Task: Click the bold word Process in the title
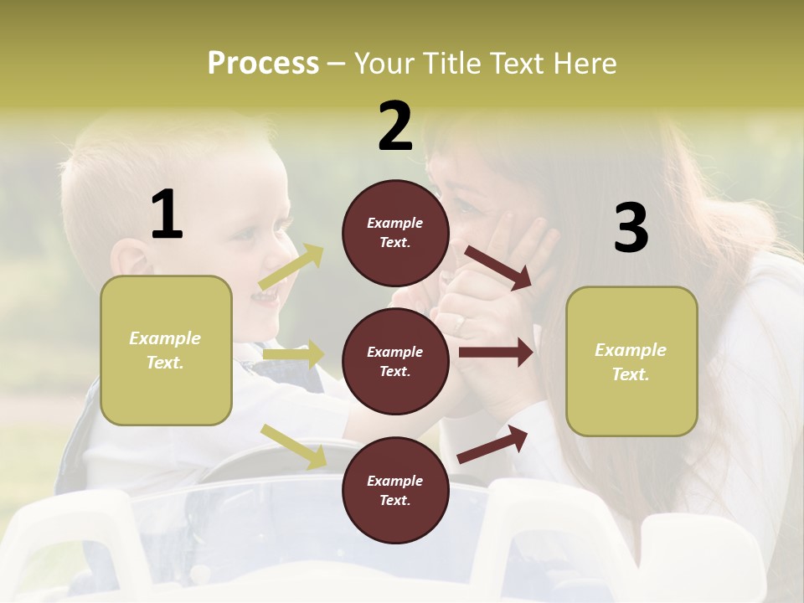click(263, 64)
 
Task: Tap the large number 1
click(167, 214)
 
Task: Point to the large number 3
click(631, 228)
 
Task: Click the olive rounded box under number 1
click(166, 350)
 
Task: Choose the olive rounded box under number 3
click(631, 362)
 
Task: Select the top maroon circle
click(395, 233)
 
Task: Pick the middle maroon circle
click(395, 361)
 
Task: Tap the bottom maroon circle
click(395, 490)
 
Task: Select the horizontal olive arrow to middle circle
click(293, 354)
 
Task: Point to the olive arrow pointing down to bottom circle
click(293, 446)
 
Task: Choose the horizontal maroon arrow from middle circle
click(496, 353)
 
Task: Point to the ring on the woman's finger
click(460, 321)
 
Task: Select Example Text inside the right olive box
click(631, 362)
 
